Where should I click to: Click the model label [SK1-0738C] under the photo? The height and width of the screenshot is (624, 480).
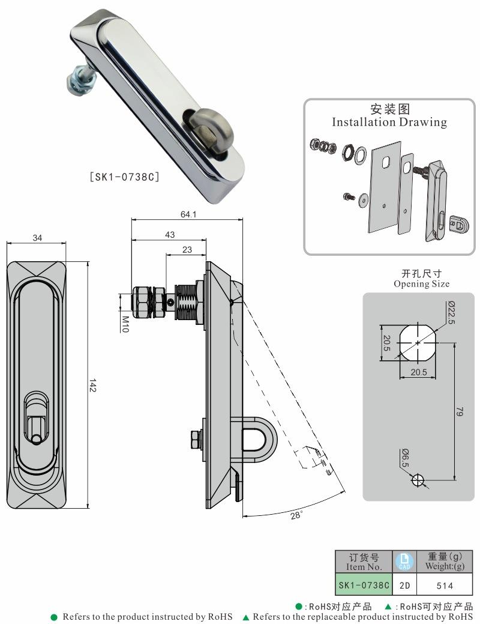pyautogui.click(x=124, y=177)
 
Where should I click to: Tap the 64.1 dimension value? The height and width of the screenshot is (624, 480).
pyautogui.click(x=188, y=215)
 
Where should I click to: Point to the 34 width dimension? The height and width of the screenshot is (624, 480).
pyautogui.click(x=37, y=238)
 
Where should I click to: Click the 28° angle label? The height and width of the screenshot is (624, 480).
pyautogui.click(x=296, y=515)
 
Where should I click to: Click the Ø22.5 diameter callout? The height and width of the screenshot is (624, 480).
pyautogui.click(x=451, y=312)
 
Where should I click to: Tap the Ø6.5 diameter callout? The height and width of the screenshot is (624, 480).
pyautogui.click(x=405, y=458)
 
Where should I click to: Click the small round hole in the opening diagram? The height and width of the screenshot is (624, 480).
pyautogui.click(x=418, y=480)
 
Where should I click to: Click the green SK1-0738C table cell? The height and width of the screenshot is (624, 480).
pyautogui.click(x=363, y=585)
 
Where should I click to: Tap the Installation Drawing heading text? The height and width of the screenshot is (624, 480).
pyautogui.click(x=390, y=122)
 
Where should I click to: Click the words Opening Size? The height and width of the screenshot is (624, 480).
pyautogui.click(x=421, y=283)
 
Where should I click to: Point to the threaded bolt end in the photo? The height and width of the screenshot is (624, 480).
pyautogui.click(x=78, y=82)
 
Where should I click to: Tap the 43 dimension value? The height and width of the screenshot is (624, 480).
pyautogui.click(x=170, y=235)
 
